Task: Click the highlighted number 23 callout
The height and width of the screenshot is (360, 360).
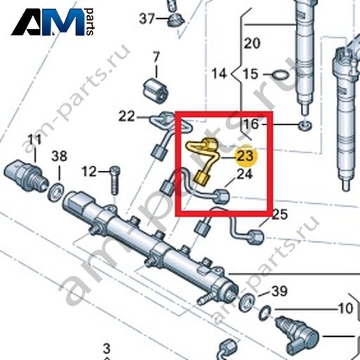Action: tap(245, 156)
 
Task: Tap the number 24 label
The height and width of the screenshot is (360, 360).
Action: tap(245, 174)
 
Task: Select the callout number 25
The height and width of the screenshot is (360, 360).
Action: tap(280, 214)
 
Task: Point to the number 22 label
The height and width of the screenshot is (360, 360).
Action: tap(127, 116)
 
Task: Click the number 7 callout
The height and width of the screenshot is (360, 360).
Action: tap(156, 57)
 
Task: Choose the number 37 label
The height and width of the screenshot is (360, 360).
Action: tap(147, 18)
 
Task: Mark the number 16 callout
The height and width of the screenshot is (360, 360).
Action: tap(251, 124)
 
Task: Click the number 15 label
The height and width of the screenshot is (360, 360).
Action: tap(250, 74)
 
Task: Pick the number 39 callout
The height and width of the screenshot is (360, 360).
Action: tap(279, 291)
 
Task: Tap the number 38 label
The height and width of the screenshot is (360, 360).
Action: tap(59, 156)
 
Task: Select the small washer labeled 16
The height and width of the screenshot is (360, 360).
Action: tap(305, 126)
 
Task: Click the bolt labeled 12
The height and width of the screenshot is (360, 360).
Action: tap(115, 180)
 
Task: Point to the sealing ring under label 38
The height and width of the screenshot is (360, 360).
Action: tap(56, 191)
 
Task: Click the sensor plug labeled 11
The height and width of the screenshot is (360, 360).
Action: tap(26, 174)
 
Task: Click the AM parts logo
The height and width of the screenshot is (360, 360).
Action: tap(53, 22)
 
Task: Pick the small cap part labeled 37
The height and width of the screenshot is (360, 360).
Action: tap(176, 20)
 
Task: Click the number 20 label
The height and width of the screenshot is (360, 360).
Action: tap(252, 44)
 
